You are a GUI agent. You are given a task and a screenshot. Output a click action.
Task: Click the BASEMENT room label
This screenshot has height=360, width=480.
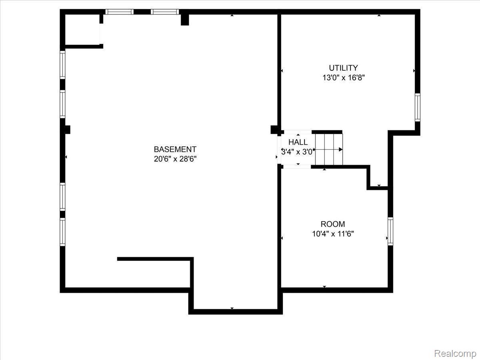[175, 149]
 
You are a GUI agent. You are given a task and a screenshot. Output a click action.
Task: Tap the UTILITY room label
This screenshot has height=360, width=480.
[343, 68]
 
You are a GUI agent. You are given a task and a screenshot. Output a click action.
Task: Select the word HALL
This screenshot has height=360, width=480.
[298, 142]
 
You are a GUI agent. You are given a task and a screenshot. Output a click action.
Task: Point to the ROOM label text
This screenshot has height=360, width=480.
[333, 224]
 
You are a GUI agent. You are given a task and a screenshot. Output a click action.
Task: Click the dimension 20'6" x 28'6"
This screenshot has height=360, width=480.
[175, 159]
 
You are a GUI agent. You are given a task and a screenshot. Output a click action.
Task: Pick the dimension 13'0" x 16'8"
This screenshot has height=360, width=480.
[343, 78]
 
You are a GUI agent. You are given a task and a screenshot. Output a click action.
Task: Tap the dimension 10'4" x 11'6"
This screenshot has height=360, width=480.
[333, 234]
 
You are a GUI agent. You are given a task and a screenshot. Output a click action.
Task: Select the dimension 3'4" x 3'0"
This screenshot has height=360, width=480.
[297, 152]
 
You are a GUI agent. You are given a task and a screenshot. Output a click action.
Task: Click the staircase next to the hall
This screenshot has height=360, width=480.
[329, 149]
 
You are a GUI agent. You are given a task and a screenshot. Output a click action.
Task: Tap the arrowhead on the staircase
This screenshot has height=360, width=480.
[341, 150]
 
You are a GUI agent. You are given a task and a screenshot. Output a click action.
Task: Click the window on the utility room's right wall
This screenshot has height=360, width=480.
[417, 107]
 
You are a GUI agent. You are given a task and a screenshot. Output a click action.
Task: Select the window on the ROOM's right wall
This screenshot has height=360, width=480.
[390, 231]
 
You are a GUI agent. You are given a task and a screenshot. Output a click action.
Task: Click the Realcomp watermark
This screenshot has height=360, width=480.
[455, 354]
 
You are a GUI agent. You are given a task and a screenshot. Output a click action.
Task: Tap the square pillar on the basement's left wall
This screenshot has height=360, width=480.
[67, 130]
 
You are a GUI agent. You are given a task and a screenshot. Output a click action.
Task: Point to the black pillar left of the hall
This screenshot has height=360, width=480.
[274, 130]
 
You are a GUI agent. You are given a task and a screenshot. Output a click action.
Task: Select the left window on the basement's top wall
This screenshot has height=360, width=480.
[119, 12]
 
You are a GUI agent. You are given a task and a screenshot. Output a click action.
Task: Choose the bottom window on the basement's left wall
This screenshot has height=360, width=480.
[62, 232]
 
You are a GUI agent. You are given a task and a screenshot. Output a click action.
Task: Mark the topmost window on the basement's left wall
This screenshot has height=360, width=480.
[62, 64]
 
